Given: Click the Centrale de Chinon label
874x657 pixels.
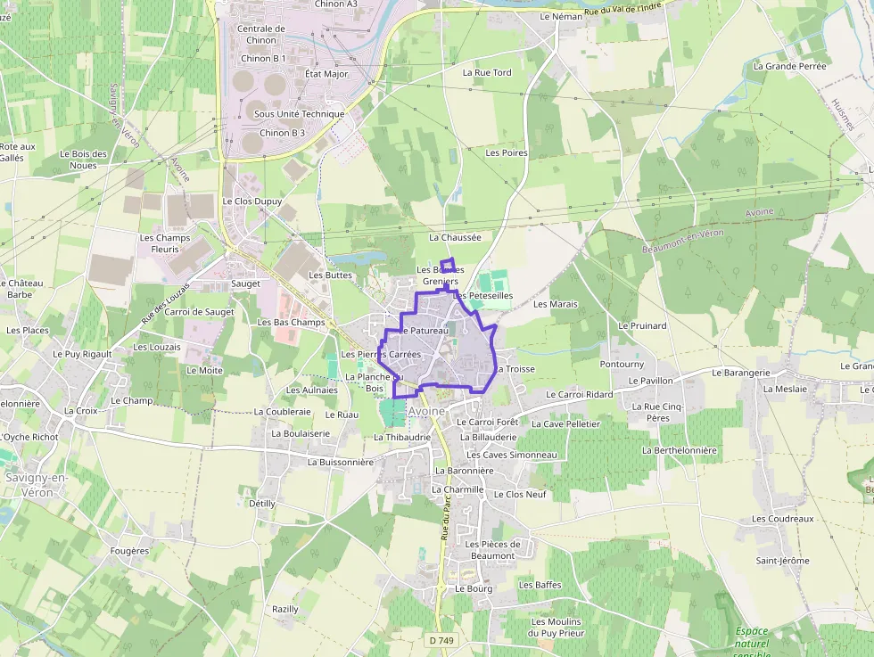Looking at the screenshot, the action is pyautogui.click(x=260, y=34).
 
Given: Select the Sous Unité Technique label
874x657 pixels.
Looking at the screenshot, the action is pyautogui.click(x=299, y=114).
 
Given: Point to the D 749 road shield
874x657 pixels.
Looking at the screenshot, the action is pyautogui.click(x=441, y=640).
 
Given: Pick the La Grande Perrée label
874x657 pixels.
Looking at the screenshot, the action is pyautogui.click(x=789, y=66).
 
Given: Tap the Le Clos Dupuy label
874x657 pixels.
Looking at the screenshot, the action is pyautogui.click(x=252, y=201).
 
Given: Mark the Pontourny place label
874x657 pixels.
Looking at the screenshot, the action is pyautogui.click(x=623, y=365).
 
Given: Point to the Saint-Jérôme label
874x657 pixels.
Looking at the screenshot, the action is pyautogui.click(x=782, y=561).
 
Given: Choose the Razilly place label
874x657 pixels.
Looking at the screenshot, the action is pyautogui.click(x=285, y=609).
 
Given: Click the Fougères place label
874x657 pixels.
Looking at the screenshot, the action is pyautogui.click(x=128, y=551).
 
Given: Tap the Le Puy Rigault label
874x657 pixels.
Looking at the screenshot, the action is pyautogui.click(x=82, y=354).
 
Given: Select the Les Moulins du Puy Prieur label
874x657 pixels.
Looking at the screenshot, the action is pyautogui.click(x=556, y=627).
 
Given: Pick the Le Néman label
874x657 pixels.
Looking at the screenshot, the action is pyautogui.click(x=561, y=17).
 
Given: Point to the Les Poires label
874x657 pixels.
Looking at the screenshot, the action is pyautogui.click(x=507, y=153).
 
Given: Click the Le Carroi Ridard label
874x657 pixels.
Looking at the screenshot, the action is pyautogui.click(x=579, y=394).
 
